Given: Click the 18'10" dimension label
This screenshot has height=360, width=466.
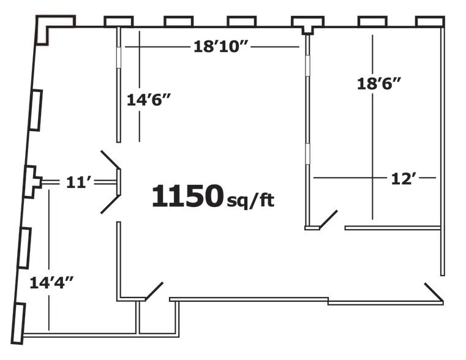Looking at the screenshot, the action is pyautogui.click(x=221, y=47).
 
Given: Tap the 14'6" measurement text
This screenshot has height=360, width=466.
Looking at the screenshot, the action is pyautogui.click(x=149, y=100).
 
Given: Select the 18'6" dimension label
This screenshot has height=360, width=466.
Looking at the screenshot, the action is pyautogui.click(x=379, y=83).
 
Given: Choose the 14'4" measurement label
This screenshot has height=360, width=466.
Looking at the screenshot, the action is pyautogui.click(x=51, y=282).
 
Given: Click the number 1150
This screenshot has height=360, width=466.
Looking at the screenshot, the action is pyautogui.click(x=187, y=195).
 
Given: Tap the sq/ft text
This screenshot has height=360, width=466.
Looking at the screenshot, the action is pyautogui.click(x=250, y=201).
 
